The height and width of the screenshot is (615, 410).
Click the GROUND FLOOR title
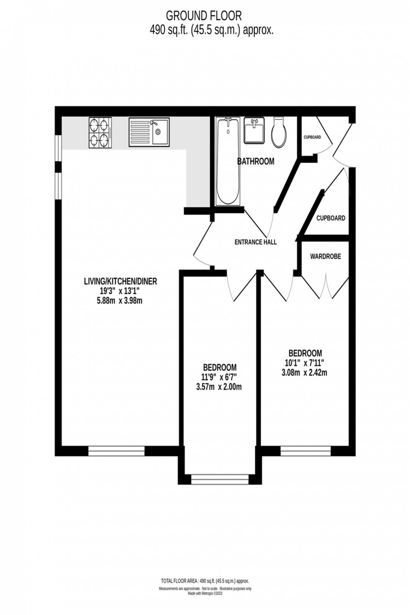coord(204,16)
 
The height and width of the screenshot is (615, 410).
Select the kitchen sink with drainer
coord(149,132)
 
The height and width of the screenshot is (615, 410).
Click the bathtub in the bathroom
coord(228,161)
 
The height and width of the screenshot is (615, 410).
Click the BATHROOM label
coord(256,161)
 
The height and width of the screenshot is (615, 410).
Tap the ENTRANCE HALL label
coord(255,242)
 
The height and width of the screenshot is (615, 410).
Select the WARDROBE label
coord(325,256)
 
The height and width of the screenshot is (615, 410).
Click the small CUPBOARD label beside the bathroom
coord(312,137)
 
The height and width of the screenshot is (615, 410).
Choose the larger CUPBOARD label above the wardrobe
coord(331,218)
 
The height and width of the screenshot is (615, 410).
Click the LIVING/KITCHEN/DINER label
coord(120,282)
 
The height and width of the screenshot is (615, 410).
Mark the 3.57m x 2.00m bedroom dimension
coord(219,387)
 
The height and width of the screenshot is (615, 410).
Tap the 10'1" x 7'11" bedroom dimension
coord(304,362)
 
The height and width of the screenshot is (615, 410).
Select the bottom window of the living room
coord(116,451)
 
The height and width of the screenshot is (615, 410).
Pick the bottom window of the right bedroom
coord(305,451)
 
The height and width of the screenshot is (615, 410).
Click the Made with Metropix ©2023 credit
coord(205,593)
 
